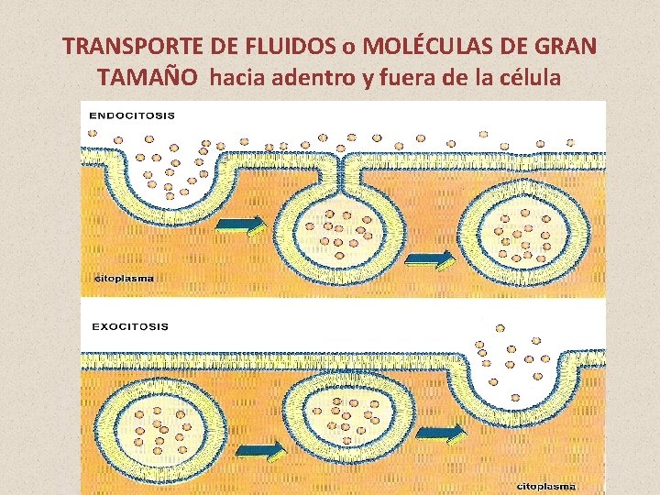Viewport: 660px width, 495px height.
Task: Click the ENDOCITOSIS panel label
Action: coord(133,115)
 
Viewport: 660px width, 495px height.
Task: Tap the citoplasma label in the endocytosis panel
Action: coord(125,278)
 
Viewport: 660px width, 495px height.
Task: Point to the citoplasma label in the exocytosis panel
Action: coord(546,485)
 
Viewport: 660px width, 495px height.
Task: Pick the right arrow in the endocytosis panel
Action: coord(430,258)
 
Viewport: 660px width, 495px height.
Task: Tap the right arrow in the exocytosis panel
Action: coord(444,433)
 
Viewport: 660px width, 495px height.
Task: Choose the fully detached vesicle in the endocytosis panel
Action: coord(522,230)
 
